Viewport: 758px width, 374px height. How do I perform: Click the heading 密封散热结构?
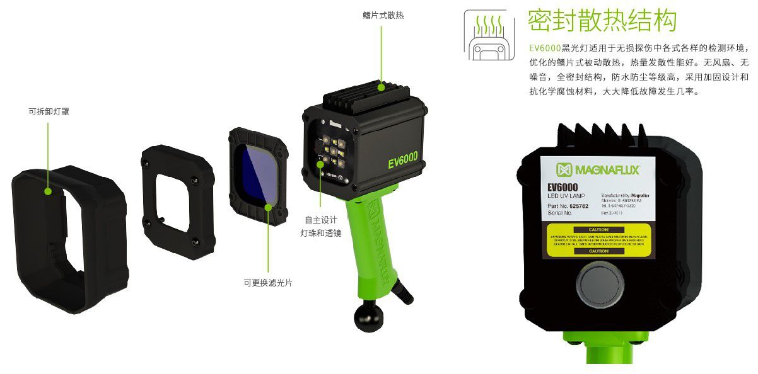(x=602, y=21)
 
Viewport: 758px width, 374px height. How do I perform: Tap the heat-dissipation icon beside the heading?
(x=489, y=35)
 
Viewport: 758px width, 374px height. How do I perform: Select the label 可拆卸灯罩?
(x=48, y=112)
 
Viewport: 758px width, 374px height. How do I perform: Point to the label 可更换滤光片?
(x=268, y=283)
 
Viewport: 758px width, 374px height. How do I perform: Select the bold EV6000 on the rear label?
(x=563, y=187)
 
